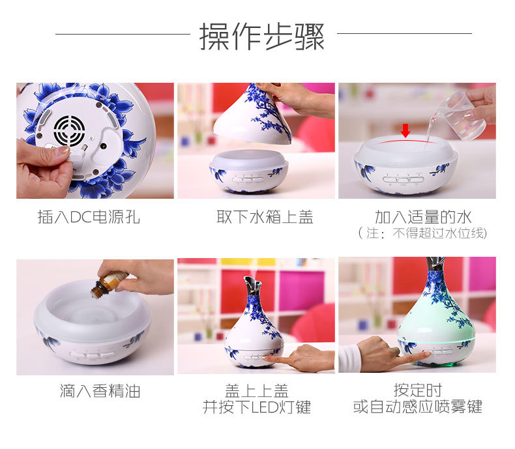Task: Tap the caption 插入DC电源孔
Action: (x=89, y=217)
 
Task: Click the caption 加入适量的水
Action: (x=423, y=217)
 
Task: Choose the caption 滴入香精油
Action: (x=100, y=391)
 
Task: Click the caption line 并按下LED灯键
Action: (x=257, y=407)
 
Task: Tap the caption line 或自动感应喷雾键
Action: (x=418, y=407)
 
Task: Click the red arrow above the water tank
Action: (x=405, y=130)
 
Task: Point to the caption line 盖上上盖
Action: (x=257, y=390)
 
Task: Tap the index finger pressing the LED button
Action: (x=273, y=358)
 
